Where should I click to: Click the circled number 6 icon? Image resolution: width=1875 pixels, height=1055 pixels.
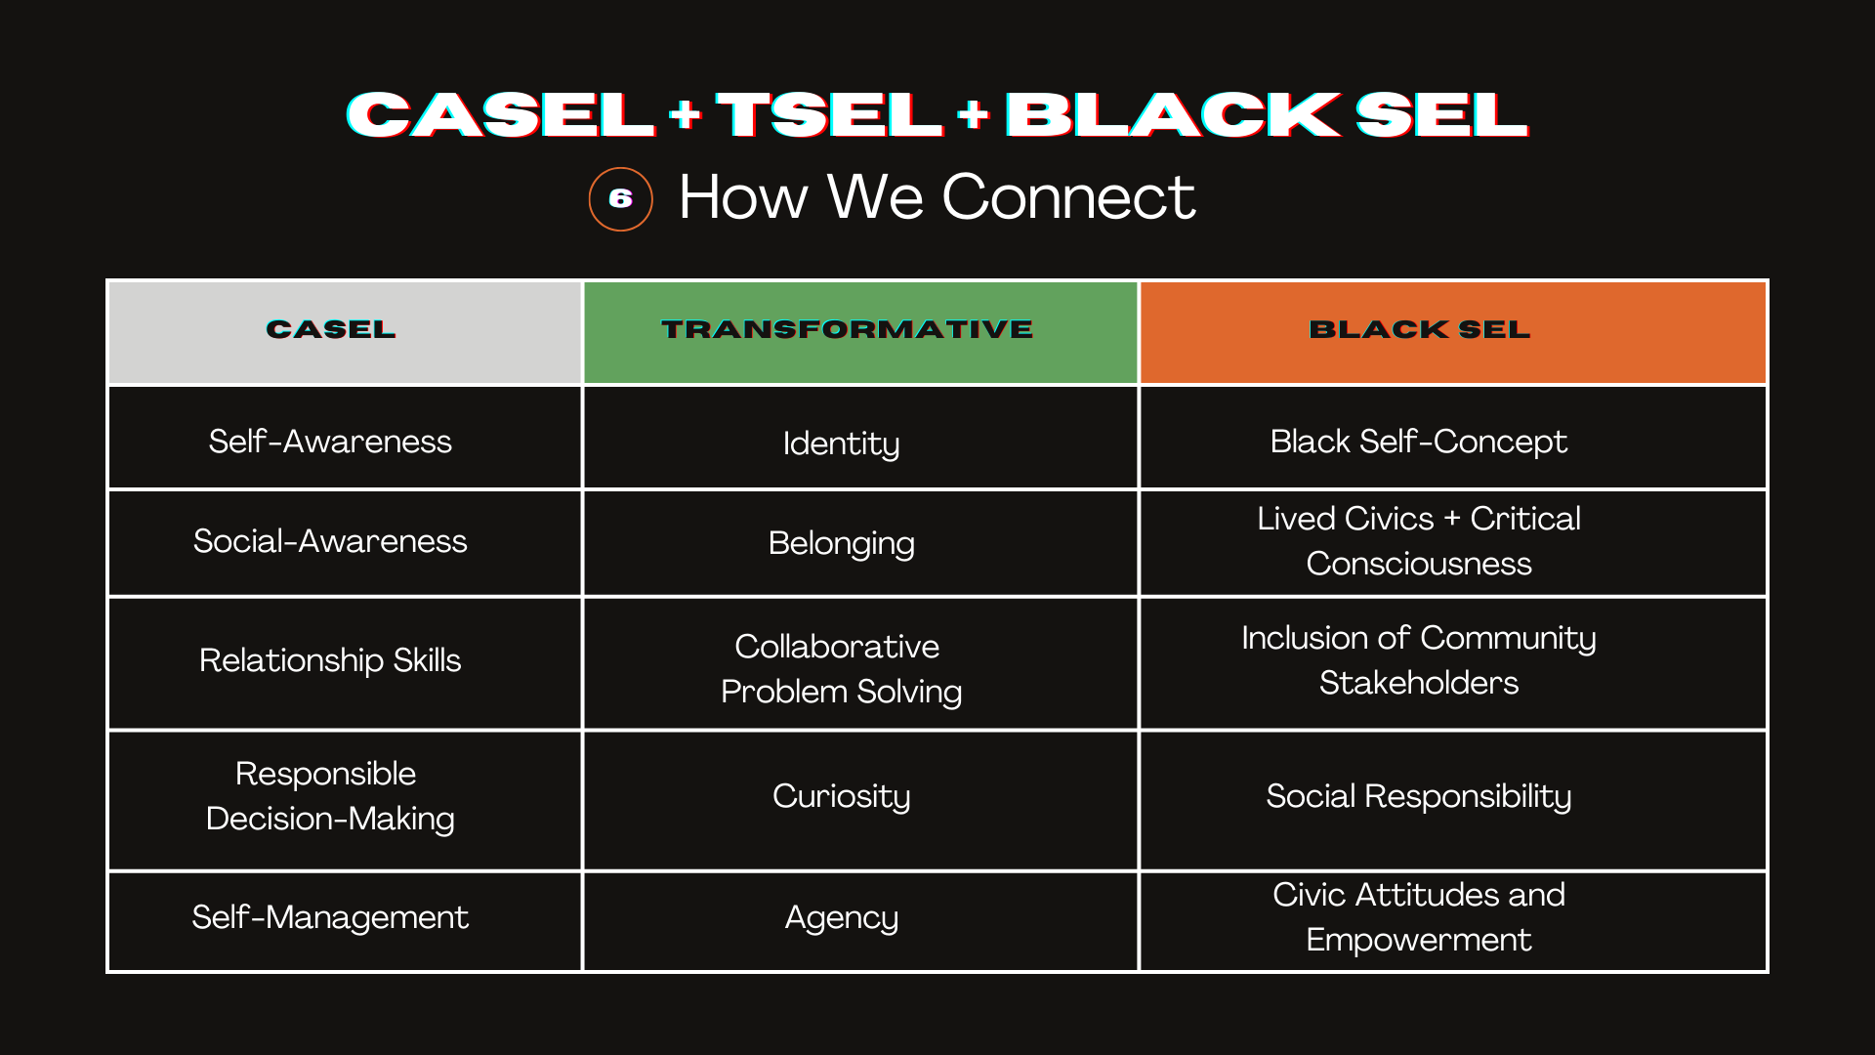pyautogui.click(x=620, y=199)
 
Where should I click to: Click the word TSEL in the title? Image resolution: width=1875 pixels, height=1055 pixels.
pyautogui.click(x=829, y=115)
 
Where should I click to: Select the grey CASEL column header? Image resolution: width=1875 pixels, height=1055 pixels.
pyautogui.click(x=331, y=330)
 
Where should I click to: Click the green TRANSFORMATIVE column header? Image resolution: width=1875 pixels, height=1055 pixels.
pyautogui.click(x=847, y=330)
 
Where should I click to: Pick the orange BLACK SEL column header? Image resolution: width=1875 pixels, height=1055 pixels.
pyautogui.click(x=1419, y=330)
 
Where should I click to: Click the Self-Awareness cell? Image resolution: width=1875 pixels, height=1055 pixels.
pyautogui.click(x=330, y=442)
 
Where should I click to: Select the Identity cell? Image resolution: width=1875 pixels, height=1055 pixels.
pyautogui.click(x=841, y=443)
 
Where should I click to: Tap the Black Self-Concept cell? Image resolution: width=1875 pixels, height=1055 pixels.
pyautogui.click(x=1418, y=442)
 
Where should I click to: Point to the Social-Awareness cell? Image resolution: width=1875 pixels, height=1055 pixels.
pyautogui.click(x=330, y=541)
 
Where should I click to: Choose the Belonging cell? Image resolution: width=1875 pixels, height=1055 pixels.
pyautogui.click(x=841, y=543)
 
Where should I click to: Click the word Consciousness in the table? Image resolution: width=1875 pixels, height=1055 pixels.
pyautogui.click(x=1418, y=565)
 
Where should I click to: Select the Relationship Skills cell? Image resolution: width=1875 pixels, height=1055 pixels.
pyautogui.click(x=330, y=660)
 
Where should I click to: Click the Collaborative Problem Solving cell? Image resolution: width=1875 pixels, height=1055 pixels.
pyautogui.click(x=841, y=669)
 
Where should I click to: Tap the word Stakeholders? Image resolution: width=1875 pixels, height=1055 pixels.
pyautogui.click(x=1418, y=683)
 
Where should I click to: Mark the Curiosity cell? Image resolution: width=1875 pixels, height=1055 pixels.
pyautogui.click(x=841, y=796)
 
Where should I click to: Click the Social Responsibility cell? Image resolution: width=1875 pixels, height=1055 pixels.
pyautogui.click(x=1418, y=796)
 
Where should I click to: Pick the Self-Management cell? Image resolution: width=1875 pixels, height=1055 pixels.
pyautogui.click(x=330, y=917)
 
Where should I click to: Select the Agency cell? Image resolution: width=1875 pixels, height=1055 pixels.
pyautogui.click(x=841, y=917)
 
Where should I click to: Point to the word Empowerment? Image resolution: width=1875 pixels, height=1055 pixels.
pyautogui.click(x=1418, y=940)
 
